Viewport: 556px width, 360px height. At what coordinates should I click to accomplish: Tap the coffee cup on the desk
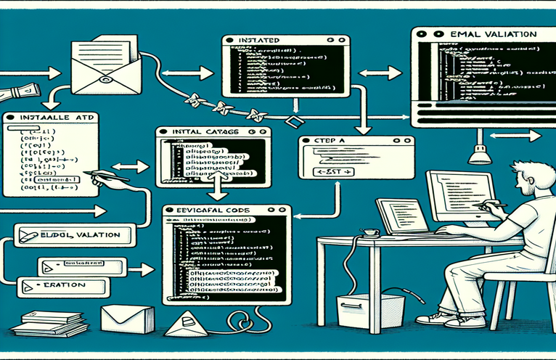(x=371, y=233)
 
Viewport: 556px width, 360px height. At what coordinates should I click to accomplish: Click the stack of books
(x=44, y=324)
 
